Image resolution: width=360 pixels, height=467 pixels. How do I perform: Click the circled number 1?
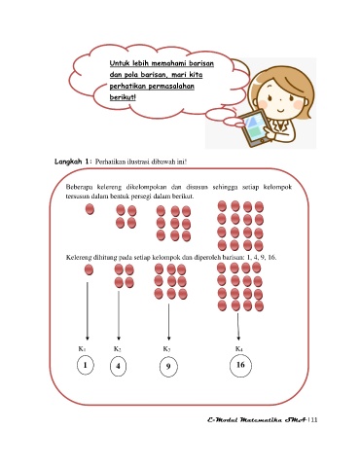(x=86, y=365)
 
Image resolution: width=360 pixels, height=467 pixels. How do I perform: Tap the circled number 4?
(x=118, y=366)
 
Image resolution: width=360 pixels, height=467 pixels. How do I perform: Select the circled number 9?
(x=168, y=367)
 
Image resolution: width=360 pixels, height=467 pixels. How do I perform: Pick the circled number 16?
(x=240, y=366)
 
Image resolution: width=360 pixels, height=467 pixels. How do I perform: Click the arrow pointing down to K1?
(x=88, y=311)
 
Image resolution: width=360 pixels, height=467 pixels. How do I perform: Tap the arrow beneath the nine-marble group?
(x=168, y=322)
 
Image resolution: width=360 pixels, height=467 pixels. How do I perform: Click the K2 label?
(x=118, y=349)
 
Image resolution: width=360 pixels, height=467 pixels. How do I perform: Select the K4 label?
(x=239, y=349)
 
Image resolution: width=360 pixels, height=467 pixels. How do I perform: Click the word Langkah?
(x=68, y=162)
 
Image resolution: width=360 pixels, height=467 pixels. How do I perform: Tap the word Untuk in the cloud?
(x=120, y=63)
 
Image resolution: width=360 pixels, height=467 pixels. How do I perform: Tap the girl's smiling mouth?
(x=281, y=110)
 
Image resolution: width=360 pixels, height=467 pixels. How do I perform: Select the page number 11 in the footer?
(x=313, y=419)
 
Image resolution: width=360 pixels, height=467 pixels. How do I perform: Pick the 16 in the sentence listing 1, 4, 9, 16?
(x=271, y=258)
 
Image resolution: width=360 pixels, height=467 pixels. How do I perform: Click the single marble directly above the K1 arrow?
(x=89, y=269)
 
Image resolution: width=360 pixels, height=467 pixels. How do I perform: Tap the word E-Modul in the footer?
(x=223, y=419)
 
